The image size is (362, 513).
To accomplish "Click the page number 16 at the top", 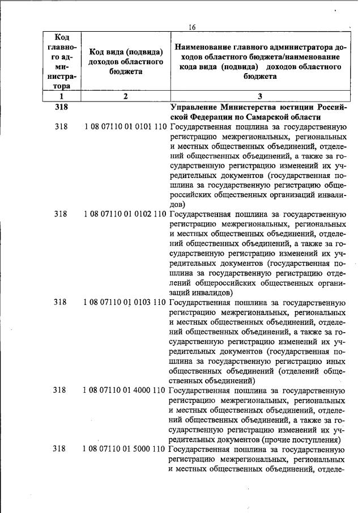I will click(193, 27).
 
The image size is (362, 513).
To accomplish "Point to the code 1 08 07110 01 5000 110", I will click(125, 448).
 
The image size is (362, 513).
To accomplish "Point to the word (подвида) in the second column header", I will click(144, 52).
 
